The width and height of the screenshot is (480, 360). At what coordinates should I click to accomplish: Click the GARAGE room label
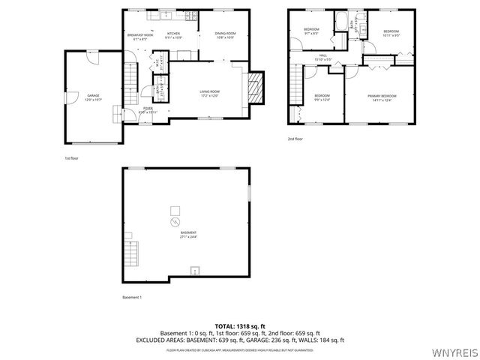coord(94,96)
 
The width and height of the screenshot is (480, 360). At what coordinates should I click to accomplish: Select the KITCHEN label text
coord(173,34)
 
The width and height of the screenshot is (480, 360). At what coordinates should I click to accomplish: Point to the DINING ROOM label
coord(225,34)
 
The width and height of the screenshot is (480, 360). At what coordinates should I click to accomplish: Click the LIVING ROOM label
coord(209,94)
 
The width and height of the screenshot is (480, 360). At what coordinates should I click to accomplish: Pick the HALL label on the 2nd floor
coord(323,56)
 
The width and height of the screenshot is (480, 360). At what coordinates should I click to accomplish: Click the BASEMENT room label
coord(188,235)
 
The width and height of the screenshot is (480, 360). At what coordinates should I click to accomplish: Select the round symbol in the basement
coord(175,223)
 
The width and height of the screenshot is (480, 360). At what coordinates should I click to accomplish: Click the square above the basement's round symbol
coord(175,209)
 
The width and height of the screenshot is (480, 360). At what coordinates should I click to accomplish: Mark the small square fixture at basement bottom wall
coord(196,270)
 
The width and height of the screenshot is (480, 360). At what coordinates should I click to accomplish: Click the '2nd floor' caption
coord(295,139)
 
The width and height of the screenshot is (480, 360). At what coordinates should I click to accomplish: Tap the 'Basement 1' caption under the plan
coord(132,298)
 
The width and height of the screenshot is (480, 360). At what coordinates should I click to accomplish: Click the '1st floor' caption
coord(71,158)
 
